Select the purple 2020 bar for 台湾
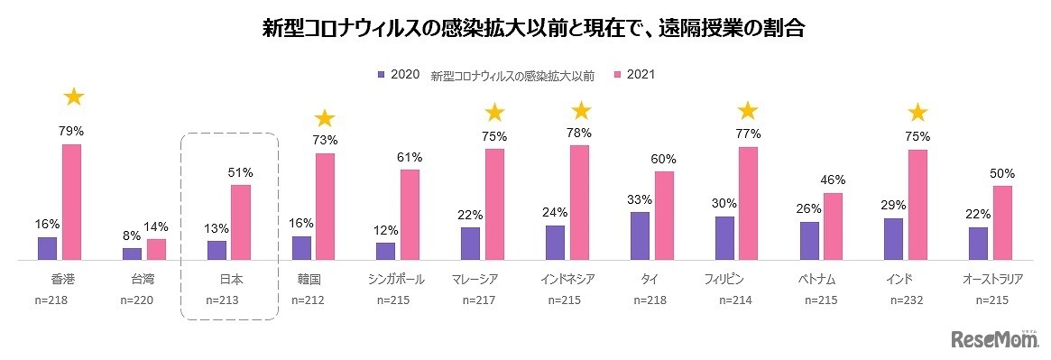[132, 254]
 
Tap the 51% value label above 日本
[241, 172]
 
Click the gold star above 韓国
[324, 118]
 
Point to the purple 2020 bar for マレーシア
[470, 243]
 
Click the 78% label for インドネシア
[579, 133]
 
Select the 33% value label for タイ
[639, 199]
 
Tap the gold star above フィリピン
[748, 111]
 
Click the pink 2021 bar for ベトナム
[833, 226]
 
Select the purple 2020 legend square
[382, 75]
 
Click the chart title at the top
[525, 28]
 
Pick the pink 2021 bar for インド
[917, 205]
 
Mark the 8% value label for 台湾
[132, 235]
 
